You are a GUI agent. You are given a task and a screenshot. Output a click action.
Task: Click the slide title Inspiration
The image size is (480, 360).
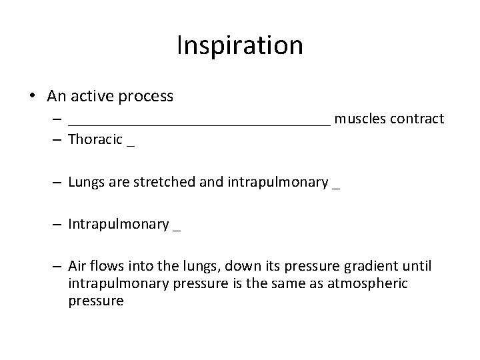pos(240,46)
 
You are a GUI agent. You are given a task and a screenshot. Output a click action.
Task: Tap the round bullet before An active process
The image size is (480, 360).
pos(33,97)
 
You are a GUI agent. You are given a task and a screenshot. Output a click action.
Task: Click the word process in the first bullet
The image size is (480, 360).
pos(145,97)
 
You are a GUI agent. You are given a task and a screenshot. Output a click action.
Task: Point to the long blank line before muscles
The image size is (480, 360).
pos(199,124)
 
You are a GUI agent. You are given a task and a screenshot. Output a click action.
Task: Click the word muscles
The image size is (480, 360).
pos(361,119)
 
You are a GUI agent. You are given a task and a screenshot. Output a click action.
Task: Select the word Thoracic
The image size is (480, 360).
pos(95,140)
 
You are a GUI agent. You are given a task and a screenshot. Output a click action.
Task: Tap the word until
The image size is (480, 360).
pos(417,267)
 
